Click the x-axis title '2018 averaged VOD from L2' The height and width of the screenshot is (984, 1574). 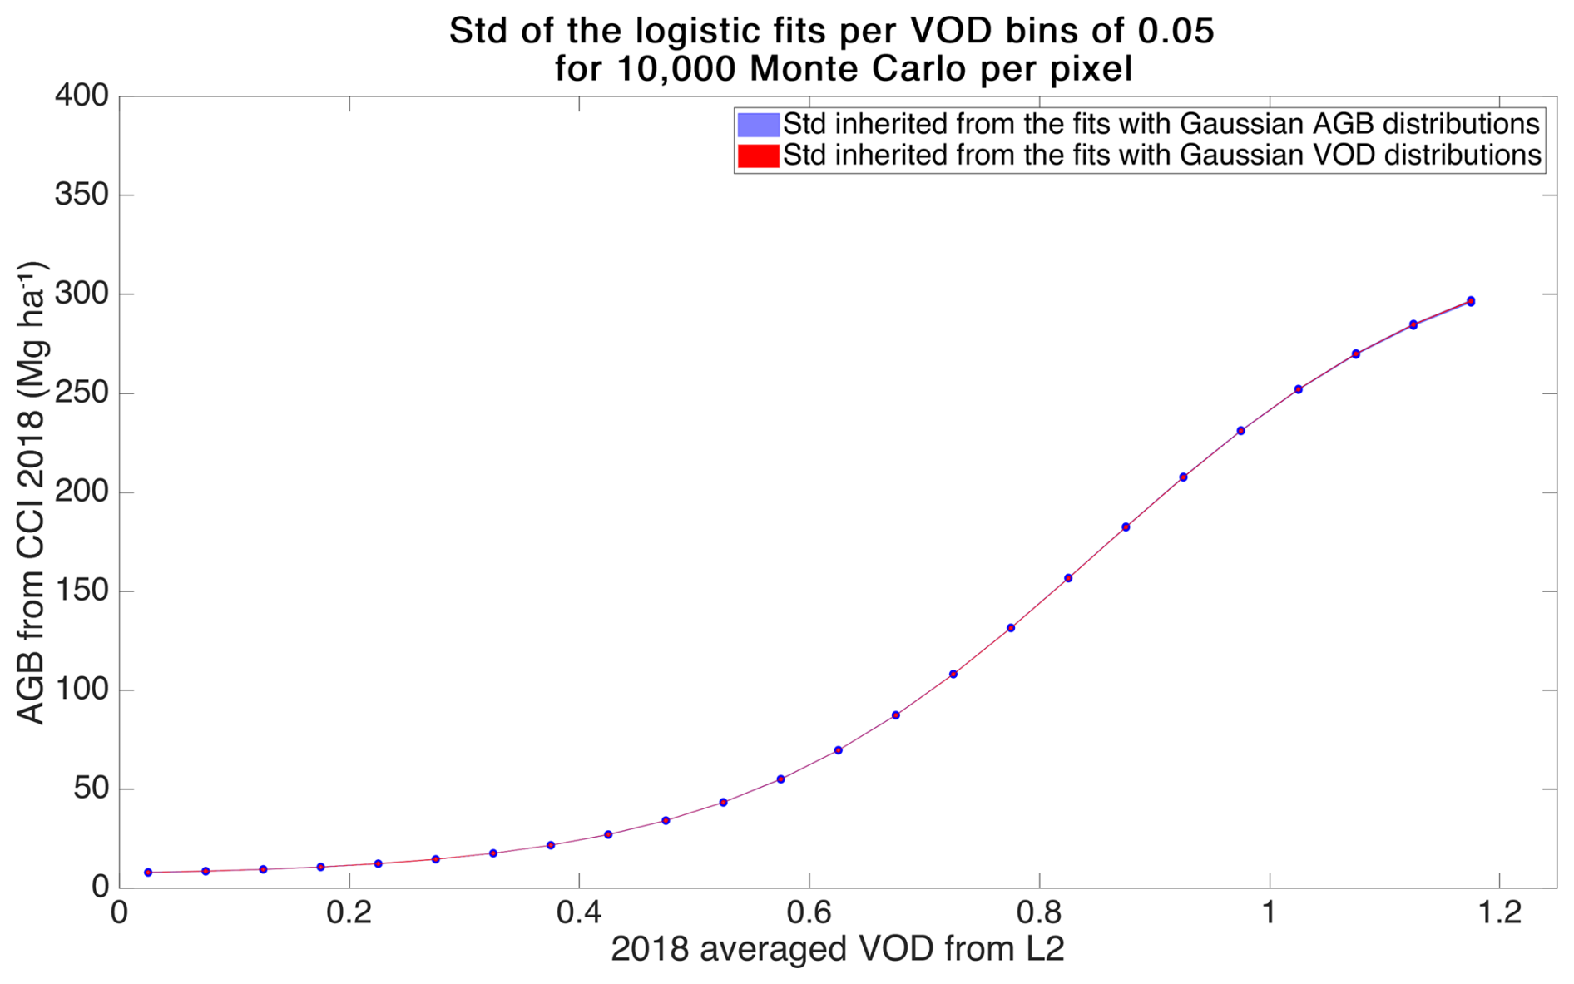pos(837,949)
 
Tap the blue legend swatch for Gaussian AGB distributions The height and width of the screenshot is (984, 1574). pos(758,125)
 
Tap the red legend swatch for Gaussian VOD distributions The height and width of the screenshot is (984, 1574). pos(758,156)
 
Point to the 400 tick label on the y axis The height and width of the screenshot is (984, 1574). pos(82,96)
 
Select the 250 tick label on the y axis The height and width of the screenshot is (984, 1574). pos(82,393)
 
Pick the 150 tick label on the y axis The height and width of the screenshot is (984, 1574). pos(82,591)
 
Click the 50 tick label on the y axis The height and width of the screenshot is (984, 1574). pos(91,789)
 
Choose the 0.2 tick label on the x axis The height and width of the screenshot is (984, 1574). pos(349,913)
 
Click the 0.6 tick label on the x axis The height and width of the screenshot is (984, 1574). pos(809,913)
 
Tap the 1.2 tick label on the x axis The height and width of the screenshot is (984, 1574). pos(1499,913)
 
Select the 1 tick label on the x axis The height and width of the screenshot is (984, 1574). pos(1269,913)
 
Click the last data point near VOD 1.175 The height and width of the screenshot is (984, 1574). pos(1470,301)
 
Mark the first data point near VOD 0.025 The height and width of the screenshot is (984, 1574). pos(148,873)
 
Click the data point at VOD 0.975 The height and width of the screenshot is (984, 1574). pos(1240,431)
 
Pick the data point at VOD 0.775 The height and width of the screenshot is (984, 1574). pos(1011,628)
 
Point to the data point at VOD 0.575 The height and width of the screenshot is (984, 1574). pos(780,779)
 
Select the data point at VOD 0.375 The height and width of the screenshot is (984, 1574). pos(551,845)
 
